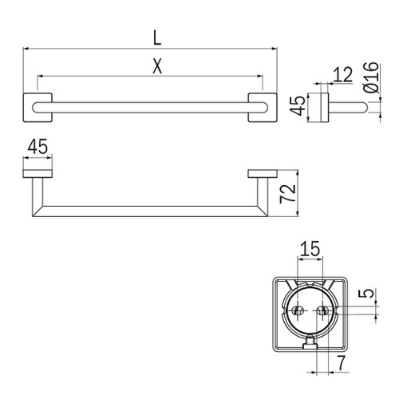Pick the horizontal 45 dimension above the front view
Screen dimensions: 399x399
pos(38,148)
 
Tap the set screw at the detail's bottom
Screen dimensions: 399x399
pos(310,344)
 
